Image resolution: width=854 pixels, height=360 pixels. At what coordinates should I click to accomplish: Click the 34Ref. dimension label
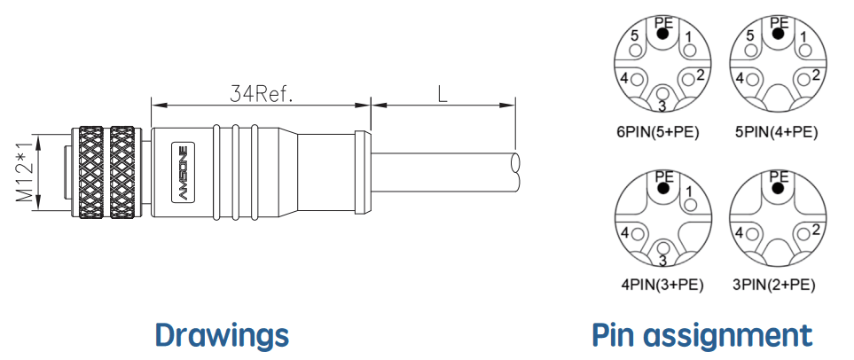point(261,93)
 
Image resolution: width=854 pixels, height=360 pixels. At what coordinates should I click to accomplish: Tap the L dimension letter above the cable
point(442,93)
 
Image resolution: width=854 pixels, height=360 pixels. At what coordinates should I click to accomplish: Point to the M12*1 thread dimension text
point(25,172)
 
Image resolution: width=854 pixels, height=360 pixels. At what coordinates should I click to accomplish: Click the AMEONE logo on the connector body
point(183,173)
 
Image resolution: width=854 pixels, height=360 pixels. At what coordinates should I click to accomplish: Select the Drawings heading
point(222,334)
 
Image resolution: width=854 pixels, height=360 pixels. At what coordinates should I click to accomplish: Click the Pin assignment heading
point(701,335)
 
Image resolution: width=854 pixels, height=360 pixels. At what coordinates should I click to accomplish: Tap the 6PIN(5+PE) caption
point(659,132)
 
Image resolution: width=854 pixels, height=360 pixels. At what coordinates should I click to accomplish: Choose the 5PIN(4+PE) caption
point(776,132)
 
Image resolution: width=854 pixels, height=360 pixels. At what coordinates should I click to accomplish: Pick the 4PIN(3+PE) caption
point(662,285)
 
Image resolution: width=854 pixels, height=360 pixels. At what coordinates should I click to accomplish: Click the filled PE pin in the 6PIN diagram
point(662,34)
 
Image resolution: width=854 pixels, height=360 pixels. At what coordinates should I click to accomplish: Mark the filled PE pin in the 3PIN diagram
point(779,189)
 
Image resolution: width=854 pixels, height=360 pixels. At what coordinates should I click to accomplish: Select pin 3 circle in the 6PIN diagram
point(662,91)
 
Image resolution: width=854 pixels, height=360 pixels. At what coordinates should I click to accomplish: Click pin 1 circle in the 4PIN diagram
point(690,206)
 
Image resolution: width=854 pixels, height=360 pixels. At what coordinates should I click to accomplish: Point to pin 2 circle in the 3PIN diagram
point(803,234)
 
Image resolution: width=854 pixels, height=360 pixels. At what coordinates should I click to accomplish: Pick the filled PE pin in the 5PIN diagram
point(779,34)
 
